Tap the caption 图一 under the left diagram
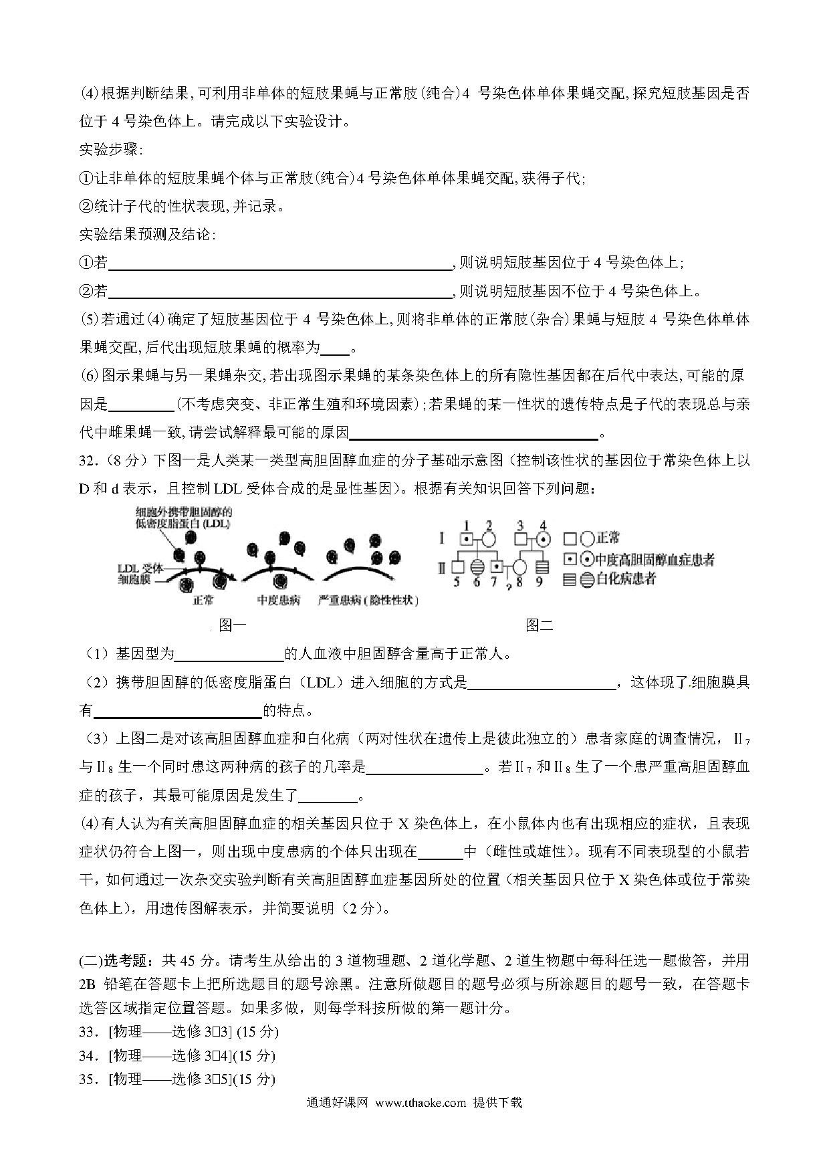click(x=233, y=625)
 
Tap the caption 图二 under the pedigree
click(x=540, y=625)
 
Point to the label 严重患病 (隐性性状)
click(x=368, y=600)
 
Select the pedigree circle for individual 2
click(x=489, y=538)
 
